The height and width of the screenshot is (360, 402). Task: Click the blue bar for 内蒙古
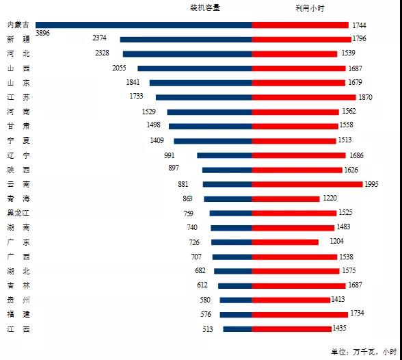(x=144, y=25)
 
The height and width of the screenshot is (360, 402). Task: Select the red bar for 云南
(x=307, y=184)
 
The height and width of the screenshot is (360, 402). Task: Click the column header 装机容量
(x=205, y=8)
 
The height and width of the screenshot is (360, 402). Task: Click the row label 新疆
(x=18, y=39)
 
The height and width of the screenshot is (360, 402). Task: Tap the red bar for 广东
(x=285, y=242)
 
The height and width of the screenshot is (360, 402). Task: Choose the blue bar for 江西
(x=237, y=329)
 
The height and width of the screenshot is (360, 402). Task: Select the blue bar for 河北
(x=187, y=53)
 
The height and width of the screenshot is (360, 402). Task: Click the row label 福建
(x=18, y=314)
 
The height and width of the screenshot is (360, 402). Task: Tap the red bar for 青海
(x=286, y=198)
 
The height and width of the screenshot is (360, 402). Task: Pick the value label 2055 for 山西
(x=119, y=68)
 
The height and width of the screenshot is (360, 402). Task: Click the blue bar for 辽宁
(x=224, y=155)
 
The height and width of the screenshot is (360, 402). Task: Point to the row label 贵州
(x=18, y=300)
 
